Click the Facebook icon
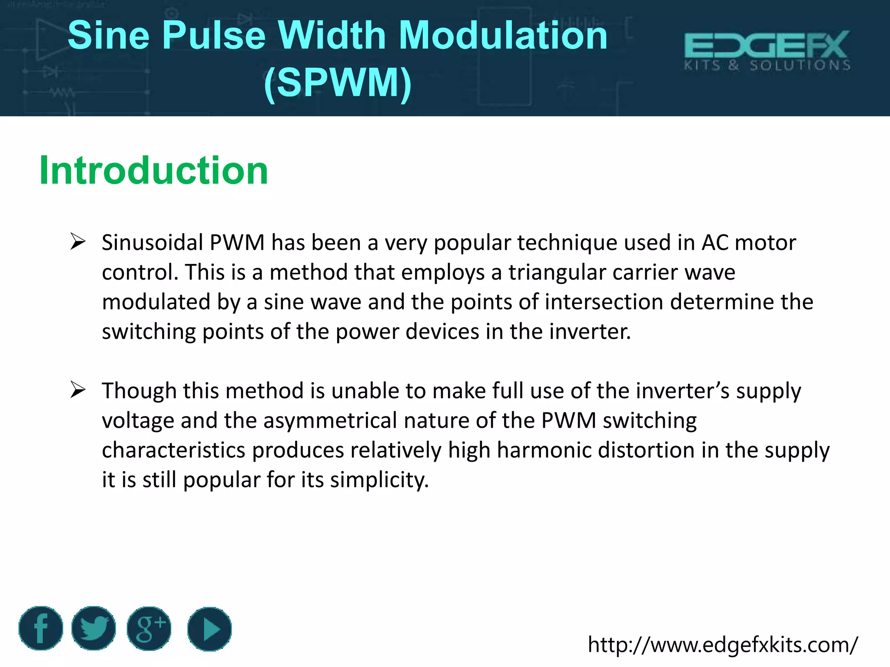(41, 628)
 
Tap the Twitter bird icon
(94, 628)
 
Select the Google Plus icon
(149, 628)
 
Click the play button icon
(209, 629)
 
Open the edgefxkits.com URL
(723, 644)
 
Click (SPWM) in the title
(338, 83)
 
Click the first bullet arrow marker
(78, 241)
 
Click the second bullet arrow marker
(78, 390)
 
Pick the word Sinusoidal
(152, 242)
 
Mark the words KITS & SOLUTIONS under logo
(767, 66)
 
